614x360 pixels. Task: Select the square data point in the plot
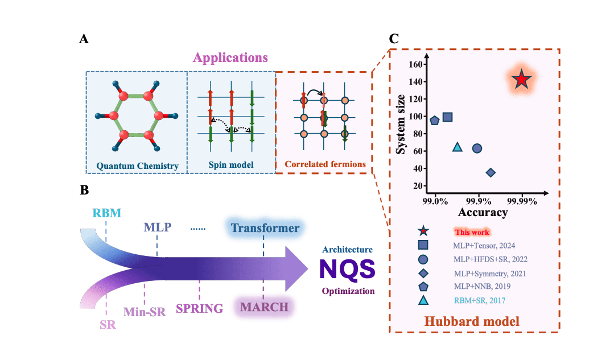pos(447,117)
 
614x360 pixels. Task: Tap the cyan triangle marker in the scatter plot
pos(458,147)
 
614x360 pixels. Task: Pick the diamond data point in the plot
pos(491,172)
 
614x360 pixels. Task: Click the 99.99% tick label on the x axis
pos(522,200)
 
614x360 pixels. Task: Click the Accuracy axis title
pos(483,212)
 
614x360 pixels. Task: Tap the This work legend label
pos(472,232)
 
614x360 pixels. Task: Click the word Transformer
pos(265,228)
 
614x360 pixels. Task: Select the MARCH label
pos(264,308)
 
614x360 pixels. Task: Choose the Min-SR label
pos(145,312)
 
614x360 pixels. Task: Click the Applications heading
pos(230,57)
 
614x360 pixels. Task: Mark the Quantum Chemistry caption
pos(137,165)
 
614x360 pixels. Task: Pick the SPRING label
pos(199,309)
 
